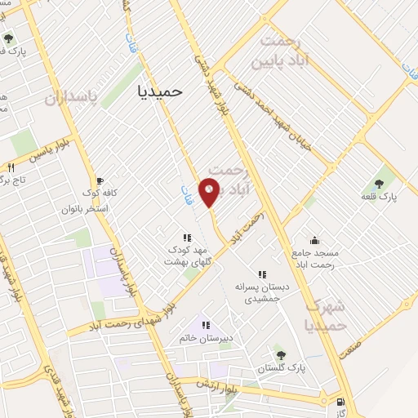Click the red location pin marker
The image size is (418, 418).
[x=211, y=193]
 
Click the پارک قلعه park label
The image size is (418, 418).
[x=380, y=197]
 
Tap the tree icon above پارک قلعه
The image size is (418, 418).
[x=380, y=184]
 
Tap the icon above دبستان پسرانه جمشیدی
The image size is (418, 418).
[x=262, y=275]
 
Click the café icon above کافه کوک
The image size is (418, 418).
[x=100, y=180]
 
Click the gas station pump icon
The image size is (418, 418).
[x=340, y=402]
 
